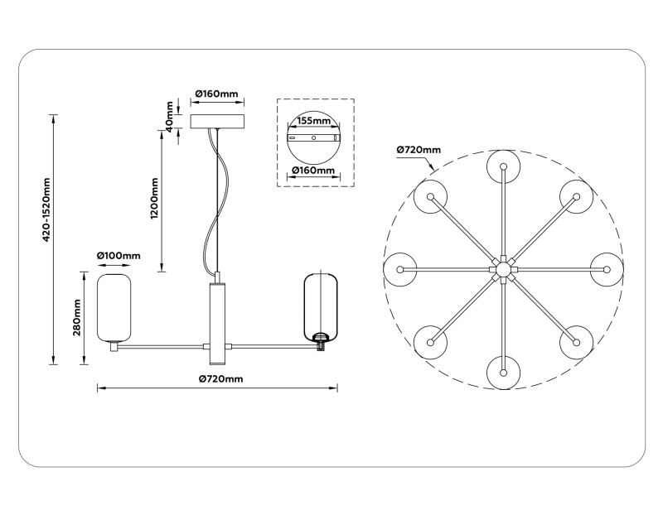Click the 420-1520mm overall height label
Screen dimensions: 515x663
pos(47,210)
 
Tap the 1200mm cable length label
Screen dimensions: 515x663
pos(155,195)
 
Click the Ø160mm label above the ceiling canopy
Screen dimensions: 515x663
pos(216,94)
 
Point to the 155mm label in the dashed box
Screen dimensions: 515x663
pos(313,120)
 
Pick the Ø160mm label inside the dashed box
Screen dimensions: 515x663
pos(313,171)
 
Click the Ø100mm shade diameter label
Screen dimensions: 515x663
pos(119,256)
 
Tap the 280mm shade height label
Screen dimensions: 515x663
pos(76,319)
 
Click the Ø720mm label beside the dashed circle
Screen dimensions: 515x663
pos(419,150)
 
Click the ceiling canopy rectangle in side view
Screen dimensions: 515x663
pos(218,122)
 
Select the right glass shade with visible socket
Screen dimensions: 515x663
pos(320,304)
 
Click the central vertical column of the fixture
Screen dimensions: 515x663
pos(216,322)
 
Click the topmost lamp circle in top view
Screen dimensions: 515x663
pos(503,166)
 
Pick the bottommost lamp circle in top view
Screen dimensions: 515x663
pos(503,373)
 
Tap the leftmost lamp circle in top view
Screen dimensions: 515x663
pos(400,270)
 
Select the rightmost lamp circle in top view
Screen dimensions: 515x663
pos(606,270)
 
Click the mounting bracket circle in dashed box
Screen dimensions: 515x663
pos(313,138)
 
